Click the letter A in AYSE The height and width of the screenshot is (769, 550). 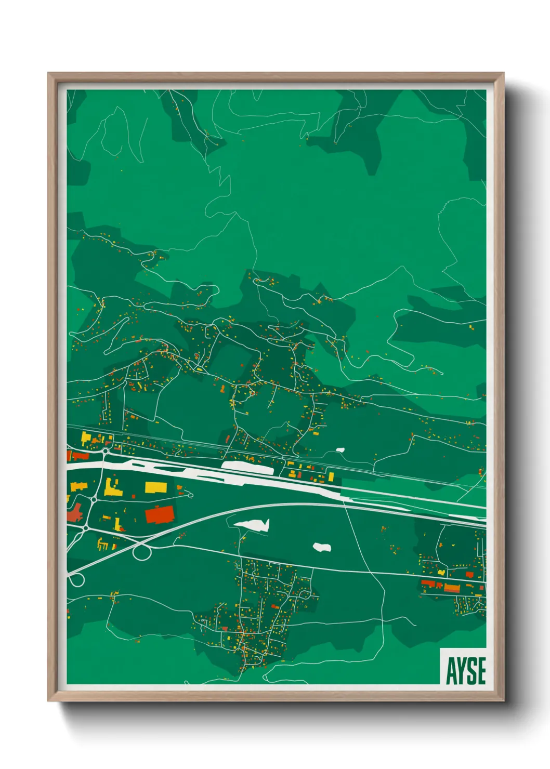[x=451, y=671]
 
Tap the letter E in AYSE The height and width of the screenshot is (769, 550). [x=481, y=671]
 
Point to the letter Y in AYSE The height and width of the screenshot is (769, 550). [x=461, y=671]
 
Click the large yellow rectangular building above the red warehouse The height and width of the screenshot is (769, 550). [x=156, y=487]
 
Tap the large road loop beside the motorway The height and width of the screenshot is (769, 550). [x=141, y=552]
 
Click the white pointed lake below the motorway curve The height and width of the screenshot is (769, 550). [x=254, y=524]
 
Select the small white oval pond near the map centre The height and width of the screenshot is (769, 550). [x=322, y=547]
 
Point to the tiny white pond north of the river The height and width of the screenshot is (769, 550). [x=341, y=450]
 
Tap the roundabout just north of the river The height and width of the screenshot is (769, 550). [x=106, y=452]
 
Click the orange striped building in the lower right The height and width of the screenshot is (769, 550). [x=452, y=588]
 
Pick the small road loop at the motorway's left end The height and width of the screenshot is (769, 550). [x=76, y=579]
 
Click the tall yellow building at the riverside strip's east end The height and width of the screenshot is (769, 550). [x=331, y=476]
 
